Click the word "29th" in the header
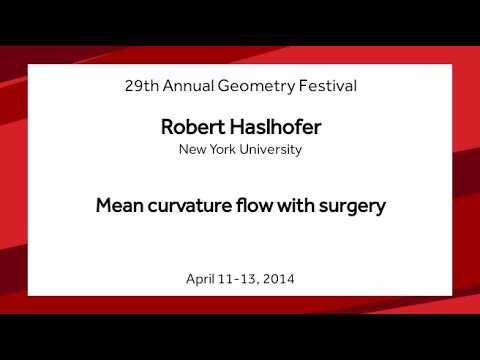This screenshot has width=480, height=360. pos(142,86)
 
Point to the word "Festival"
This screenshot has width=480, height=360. pos(325,86)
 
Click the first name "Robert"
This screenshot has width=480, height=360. pos(188,129)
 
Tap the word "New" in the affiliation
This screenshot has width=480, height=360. pos(193,150)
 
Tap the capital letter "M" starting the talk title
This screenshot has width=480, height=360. pos(103,207)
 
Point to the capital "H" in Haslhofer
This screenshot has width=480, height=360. pos(223,129)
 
